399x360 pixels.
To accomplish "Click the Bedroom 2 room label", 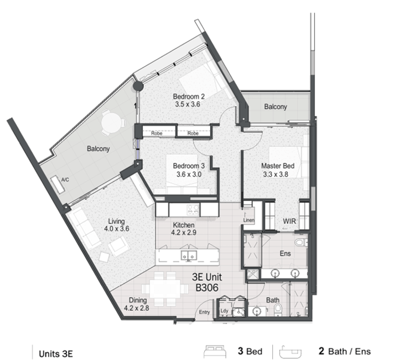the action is point(189,97).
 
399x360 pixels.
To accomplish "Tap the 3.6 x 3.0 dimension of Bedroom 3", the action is point(189,174).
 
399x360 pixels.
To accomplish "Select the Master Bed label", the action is point(278,166).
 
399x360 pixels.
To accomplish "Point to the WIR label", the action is point(289,221).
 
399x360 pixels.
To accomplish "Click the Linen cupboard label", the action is point(248,220).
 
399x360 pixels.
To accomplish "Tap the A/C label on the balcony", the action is point(65,180).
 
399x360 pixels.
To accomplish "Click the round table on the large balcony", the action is point(111,122).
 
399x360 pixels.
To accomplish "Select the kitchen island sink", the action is point(189,255).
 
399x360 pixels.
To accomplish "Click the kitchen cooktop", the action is point(193,210).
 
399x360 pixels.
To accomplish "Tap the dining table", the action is point(165,289).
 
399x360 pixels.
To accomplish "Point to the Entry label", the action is point(204,312).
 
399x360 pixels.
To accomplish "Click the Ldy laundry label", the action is point(224,311).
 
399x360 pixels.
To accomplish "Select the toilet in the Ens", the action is point(301,242).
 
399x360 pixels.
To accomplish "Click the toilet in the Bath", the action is point(278,310).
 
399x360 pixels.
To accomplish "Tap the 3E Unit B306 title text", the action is point(207,282).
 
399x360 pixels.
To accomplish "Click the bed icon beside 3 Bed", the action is point(215,352).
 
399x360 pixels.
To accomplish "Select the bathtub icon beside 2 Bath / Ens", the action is point(291,352).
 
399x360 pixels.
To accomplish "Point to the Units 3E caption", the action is point(56,354).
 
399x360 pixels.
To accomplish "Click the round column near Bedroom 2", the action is point(138,86).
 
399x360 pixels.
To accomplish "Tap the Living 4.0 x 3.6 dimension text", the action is point(117,229).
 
